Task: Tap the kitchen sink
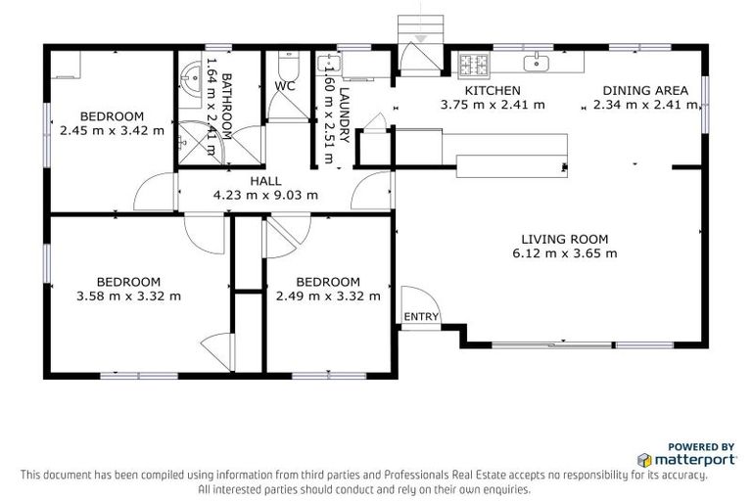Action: pyautogui.click(x=537, y=65)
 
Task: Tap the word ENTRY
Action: pyautogui.click(x=421, y=316)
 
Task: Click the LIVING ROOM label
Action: pyautogui.click(x=565, y=239)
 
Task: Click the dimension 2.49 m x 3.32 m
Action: pyautogui.click(x=328, y=296)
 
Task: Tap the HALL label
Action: pyautogui.click(x=265, y=181)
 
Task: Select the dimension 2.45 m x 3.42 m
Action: pyautogui.click(x=112, y=129)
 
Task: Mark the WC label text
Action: pyautogui.click(x=285, y=86)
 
